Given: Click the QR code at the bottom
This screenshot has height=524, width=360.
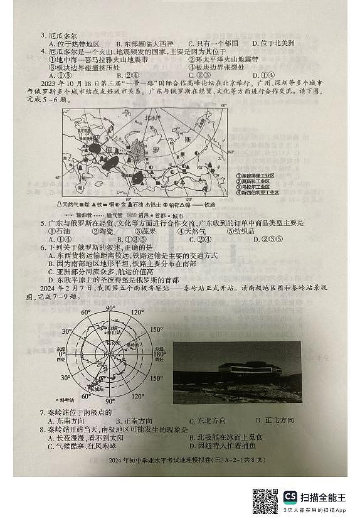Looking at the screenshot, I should point(265,500).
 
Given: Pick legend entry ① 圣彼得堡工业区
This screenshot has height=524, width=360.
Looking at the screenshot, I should point(253,176).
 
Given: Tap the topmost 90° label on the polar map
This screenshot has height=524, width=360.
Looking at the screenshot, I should point(110,308).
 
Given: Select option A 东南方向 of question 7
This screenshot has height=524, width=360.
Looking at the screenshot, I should point(63,420).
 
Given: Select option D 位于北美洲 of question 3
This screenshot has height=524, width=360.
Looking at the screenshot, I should point(270,43).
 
